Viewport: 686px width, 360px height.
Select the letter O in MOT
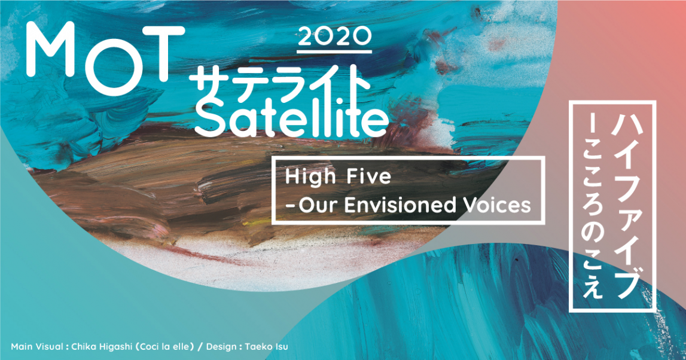(x=107, y=65)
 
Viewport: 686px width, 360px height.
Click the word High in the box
(x=310, y=178)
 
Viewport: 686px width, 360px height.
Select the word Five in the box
(x=369, y=176)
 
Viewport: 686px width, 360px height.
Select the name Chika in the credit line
(x=83, y=347)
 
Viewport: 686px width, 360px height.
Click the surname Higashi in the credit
(x=115, y=347)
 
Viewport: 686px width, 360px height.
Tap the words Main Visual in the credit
(x=36, y=347)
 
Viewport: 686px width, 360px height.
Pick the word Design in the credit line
(x=221, y=347)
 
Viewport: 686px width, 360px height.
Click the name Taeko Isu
(x=266, y=347)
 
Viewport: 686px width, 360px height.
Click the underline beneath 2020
(x=334, y=51)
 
